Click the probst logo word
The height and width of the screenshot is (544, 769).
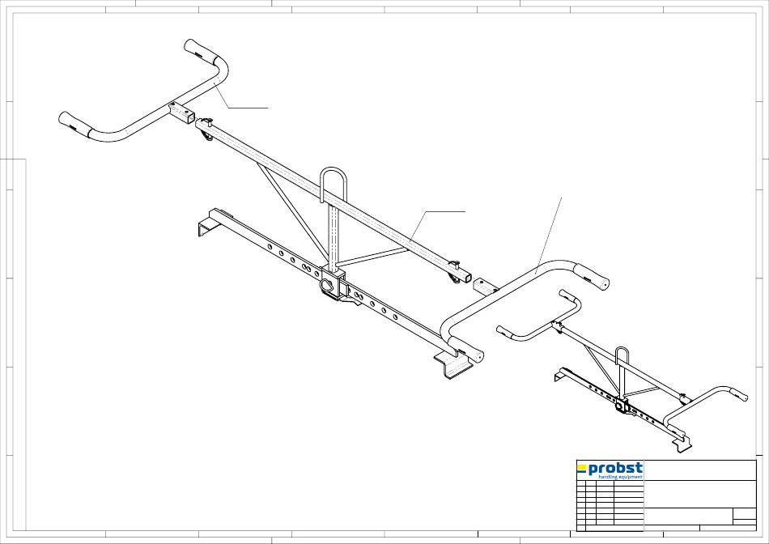[x=616, y=468]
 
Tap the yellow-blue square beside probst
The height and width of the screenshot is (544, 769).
[x=581, y=467]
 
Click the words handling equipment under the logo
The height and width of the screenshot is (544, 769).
[x=620, y=477]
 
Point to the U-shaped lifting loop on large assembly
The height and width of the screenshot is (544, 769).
[x=332, y=185]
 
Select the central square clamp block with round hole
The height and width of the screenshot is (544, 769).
[x=331, y=284]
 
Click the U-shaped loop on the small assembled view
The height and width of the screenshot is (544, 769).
[x=622, y=358]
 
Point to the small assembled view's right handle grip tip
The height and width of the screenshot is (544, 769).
[x=739, y=393]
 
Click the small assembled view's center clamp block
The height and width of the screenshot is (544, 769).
[x=621, y=405]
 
